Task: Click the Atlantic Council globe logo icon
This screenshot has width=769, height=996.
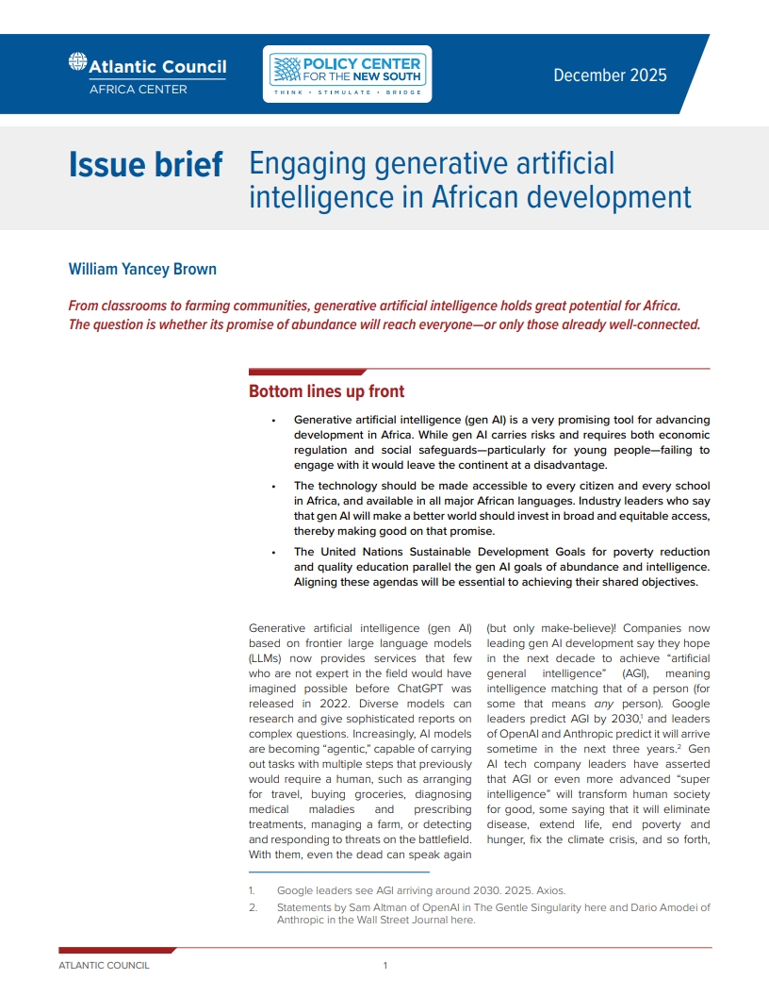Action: tap(78, 63)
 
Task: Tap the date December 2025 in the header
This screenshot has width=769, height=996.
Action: tap(610, 75)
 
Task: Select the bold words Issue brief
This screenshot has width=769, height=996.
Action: tap(145, 165)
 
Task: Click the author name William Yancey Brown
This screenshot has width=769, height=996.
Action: tap(142, 269)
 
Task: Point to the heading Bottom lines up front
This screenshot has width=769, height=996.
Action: tap(326, 390)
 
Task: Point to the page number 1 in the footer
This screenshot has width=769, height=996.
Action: tap(384, 965)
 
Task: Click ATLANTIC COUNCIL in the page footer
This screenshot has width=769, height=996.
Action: tap(104, 965)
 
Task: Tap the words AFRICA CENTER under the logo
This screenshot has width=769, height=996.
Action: tap(139, 90)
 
